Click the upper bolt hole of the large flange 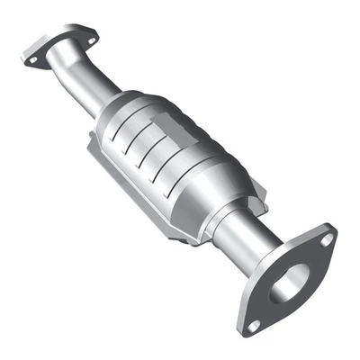pos(327,239)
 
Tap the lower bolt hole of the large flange pos(255,323)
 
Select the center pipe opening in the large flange pos(289,283)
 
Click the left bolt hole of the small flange pos(33,60)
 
